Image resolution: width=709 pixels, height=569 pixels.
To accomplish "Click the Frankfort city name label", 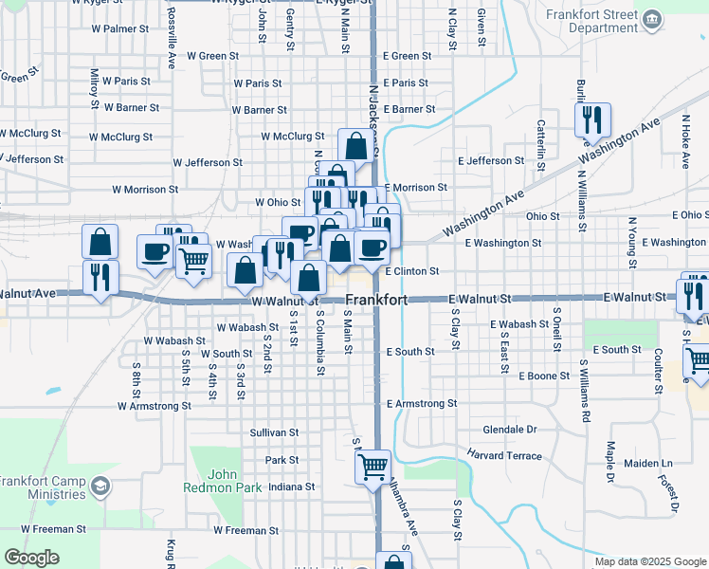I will pyautogui.click(x=376, y=300).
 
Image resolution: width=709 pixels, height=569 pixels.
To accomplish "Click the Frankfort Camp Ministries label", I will pyautogui.click(x=43, y=487).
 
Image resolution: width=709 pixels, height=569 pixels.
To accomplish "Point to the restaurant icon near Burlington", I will pyautogui.click(x=588, y=119).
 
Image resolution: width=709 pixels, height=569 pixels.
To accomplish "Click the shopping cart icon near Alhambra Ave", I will pyautogui.click(x=373, y=466).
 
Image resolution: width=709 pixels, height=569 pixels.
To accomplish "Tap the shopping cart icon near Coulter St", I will pyautogui.click(x=697, y=358).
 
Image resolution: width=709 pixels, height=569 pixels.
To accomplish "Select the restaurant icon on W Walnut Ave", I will pyautogui.click(x=100, y=276).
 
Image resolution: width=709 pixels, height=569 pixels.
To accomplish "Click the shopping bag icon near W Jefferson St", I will pyautogui.click(x=356, y=146).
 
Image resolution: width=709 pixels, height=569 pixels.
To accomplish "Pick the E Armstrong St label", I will pyautogui.click(x=422, y=404).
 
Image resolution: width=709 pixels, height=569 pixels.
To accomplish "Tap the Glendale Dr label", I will pyautogui.click(x=510, y=430).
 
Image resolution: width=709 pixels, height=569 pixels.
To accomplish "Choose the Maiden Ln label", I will pyautogui.click(x=647, y=464).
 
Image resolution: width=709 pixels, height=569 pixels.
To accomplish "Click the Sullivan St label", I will pyautogui.click(x=274, y=432).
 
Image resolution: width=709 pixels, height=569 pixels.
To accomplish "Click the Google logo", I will pyautogui.click(x=32, y=558).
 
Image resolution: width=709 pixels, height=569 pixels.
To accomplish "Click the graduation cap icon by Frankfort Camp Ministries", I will pyautogui.click(x=100, y=487).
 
